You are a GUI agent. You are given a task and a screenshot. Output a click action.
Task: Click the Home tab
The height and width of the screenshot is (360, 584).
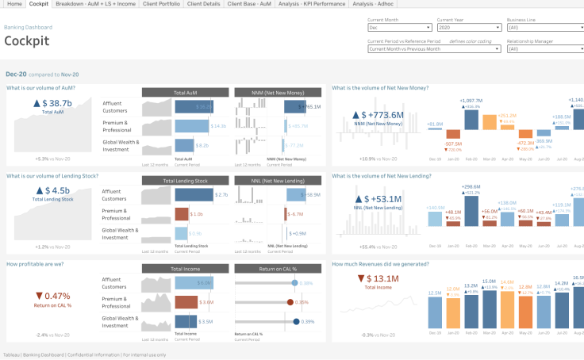point(13,5)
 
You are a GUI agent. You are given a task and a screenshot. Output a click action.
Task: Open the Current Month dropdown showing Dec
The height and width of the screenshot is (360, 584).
point(400,27)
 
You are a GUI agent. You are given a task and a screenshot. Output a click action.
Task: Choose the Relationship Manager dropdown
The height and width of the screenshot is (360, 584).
point(544,48)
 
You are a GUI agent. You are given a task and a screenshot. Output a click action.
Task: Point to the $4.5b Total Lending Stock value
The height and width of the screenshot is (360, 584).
point(52,190)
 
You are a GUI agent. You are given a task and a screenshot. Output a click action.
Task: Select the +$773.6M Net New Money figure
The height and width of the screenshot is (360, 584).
point(378,115)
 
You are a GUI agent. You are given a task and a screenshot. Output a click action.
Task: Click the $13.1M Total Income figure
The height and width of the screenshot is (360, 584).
point(378,278)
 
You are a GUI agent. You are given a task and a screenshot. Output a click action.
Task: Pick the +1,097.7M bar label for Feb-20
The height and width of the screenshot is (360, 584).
point(471,101)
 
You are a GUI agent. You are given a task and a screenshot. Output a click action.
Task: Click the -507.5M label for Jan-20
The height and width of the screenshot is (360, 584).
point(453,144)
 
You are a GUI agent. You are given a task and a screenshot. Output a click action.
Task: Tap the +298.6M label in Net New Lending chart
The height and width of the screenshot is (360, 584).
point(471,186)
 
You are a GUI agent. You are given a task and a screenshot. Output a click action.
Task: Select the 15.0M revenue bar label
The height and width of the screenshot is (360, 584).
point(489,281)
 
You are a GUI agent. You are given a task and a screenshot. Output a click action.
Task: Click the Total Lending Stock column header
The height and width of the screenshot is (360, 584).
point(185,181)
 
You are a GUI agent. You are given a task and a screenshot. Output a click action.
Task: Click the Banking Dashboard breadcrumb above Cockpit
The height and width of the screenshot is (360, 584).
point(23,27)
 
